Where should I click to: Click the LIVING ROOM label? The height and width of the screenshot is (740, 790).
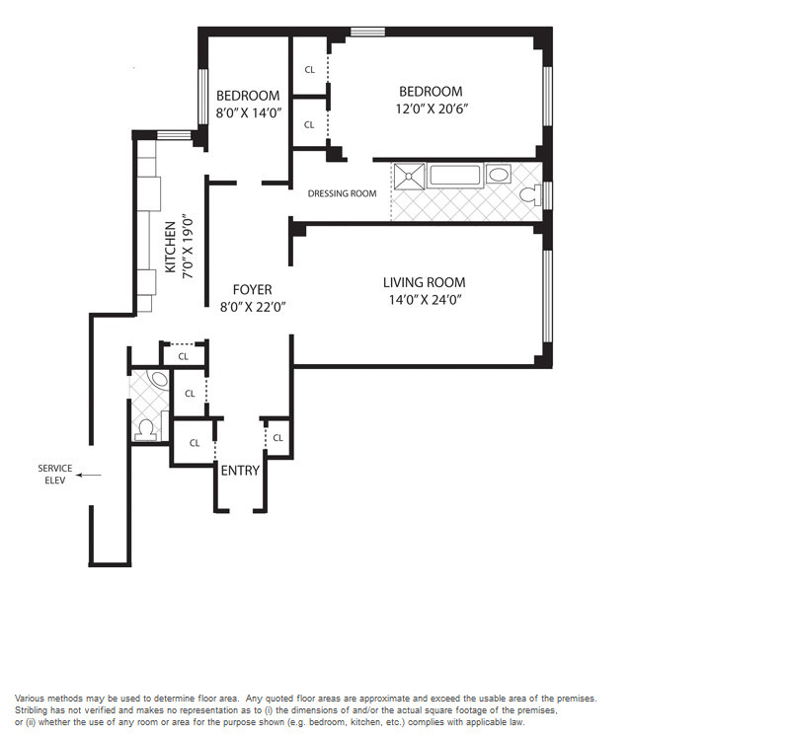click(x=425, y=282)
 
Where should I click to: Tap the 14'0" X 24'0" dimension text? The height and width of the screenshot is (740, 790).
click(x=426, y=300)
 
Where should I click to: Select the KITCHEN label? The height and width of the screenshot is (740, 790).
click(x=171, y=248)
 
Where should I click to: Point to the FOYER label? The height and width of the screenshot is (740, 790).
click(x=253, y=290)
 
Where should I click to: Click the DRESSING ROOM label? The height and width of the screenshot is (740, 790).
click(x=342, y=193)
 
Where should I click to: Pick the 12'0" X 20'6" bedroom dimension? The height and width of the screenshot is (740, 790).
click(x=433, y=110)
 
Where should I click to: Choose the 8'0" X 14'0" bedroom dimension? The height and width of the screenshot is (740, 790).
click(x=249, y=113)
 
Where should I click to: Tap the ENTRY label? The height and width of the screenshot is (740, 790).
click(x=240, y=471)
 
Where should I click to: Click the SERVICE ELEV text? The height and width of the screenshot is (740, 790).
click(x=55, y=475)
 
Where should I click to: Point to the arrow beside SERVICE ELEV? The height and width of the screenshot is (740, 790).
click(x=89, y=475)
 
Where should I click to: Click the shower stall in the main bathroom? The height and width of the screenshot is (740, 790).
click(x=409, y=177)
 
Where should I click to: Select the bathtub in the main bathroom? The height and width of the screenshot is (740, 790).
click(x=455, y=176)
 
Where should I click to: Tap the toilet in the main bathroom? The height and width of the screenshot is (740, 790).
click(x=530, y=194)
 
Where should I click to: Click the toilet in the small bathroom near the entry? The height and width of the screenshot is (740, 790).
click(x=146, y=431)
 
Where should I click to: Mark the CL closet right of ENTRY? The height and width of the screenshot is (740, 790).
click(x=278, y=438)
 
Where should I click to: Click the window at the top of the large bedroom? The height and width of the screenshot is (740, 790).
click(x=367, y=32)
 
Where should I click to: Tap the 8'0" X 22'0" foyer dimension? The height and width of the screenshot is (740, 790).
click(x=253, y=307)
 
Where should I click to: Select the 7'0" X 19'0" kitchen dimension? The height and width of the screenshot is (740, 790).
click(x=188, y=248)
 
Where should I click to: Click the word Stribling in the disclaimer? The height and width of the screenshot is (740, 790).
click(x=31, y=710)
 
